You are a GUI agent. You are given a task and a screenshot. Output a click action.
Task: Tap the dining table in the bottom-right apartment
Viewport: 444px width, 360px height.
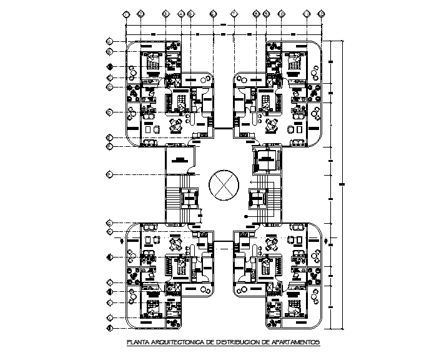tap(271, 244)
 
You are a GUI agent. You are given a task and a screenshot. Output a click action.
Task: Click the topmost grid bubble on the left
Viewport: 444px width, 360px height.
tap(109, 42)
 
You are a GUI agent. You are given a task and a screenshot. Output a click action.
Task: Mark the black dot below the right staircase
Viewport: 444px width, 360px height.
tap(247, 217)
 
